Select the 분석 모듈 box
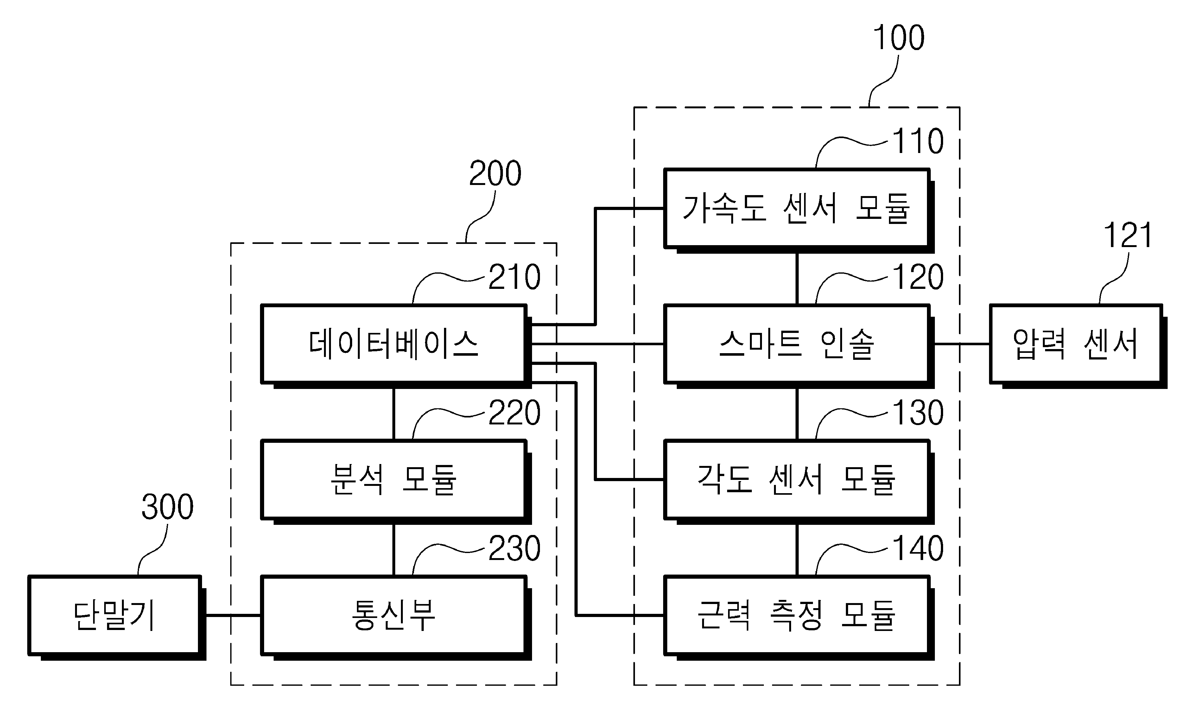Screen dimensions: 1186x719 pyautogui.click(x=394, y=480)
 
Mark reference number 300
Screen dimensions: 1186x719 pyautogui.click(x=168, y=507)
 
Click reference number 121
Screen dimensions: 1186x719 pyautogui.click(x=1128, y=236)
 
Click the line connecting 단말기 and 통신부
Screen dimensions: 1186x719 pyautogui.click(x=233, y=615)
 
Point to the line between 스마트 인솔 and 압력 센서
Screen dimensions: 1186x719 pyautogui.click(x=962, y=344)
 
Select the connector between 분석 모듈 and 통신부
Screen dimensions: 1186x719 pyautogui.click(x=394, y=550)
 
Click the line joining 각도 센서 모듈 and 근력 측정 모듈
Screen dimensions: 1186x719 pyautogui.click(x=797, y=550)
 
